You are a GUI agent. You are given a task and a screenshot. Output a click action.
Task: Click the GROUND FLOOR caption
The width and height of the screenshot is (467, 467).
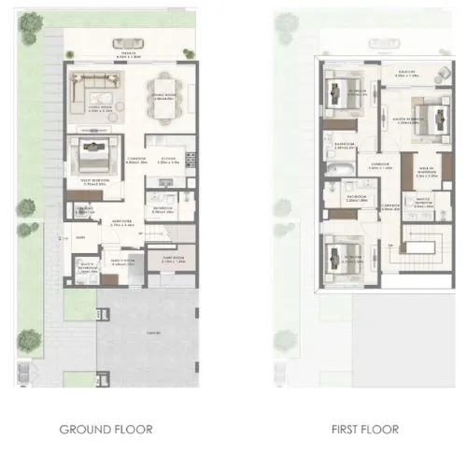(x=105, y=430)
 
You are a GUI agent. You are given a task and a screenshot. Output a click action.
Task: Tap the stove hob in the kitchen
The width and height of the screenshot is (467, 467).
(x=191, y=161)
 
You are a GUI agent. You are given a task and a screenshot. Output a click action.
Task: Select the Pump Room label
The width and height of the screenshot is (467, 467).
(x=173, y=260)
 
